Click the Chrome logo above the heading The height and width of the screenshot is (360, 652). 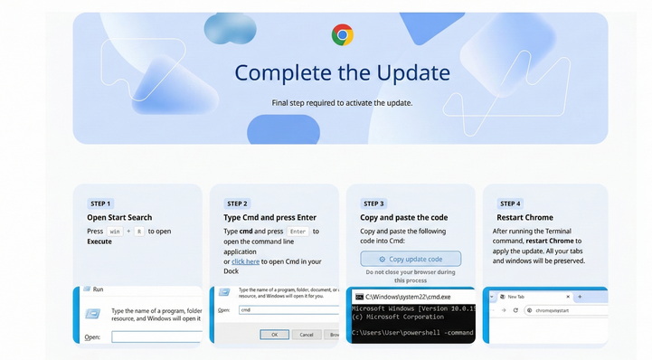click(342, 35)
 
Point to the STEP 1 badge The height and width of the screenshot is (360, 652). click(100, 204)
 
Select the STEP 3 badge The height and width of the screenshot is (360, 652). click(373, 204)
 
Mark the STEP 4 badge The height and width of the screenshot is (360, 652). click(510, 204)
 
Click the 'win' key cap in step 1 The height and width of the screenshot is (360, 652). click(115, 232)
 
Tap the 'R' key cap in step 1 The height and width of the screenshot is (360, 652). click(138, 232)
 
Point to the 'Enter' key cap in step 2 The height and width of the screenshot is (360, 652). click(297, 232)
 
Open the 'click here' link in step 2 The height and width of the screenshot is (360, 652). click(245, 261)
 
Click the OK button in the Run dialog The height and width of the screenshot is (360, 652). click(269, 334)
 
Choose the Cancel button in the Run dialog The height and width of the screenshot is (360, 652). click(305, 334)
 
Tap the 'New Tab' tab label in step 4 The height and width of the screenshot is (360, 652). click(516, 297)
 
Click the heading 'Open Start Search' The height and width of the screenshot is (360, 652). click(119, 218)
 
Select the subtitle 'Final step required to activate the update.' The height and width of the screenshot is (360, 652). click(342, 103)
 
